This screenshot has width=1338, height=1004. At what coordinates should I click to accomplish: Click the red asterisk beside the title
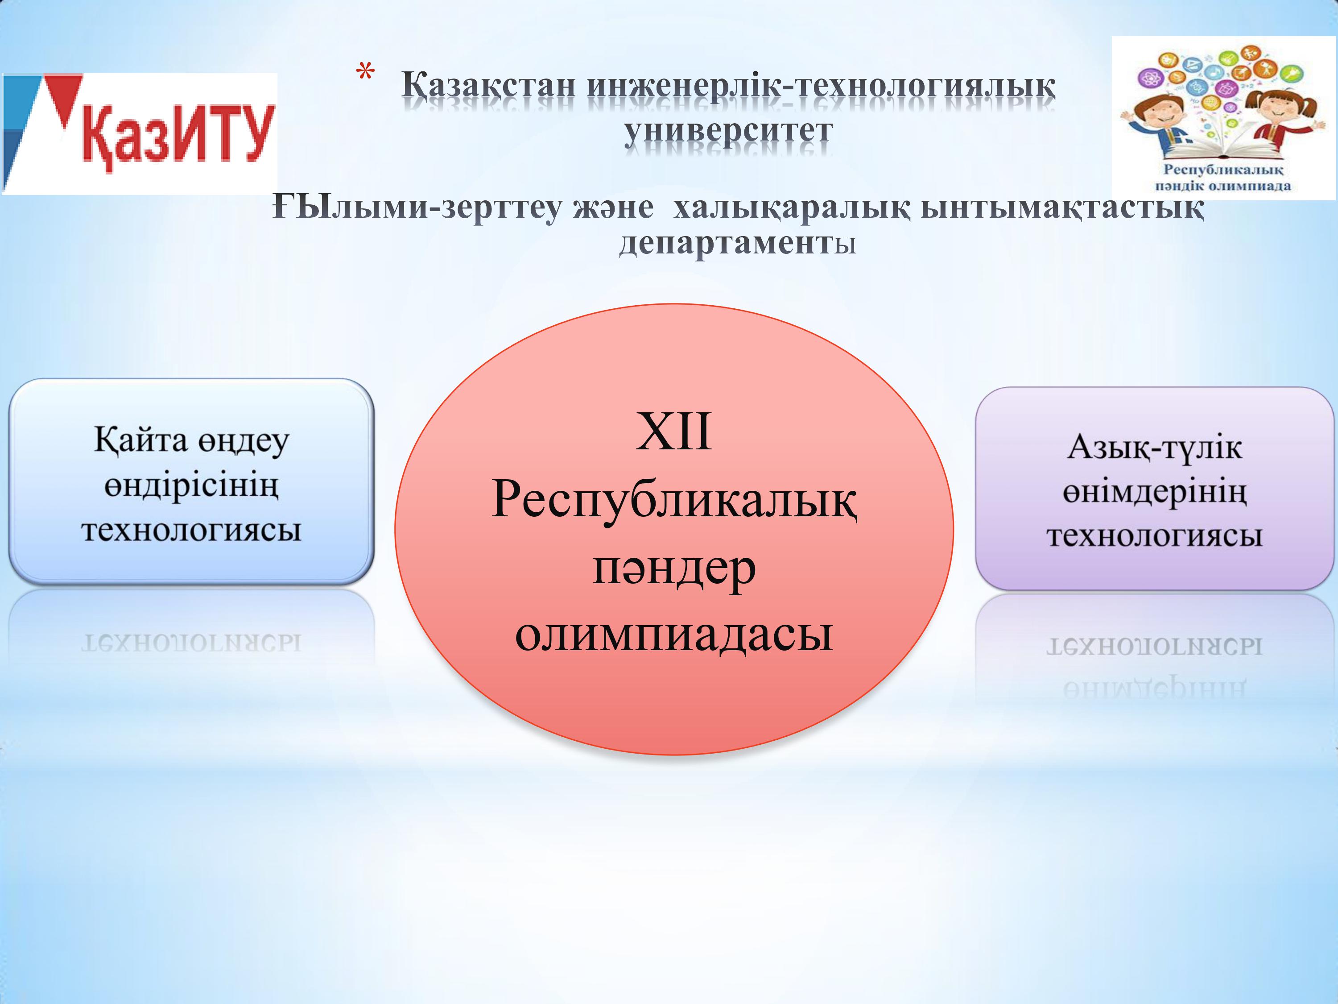pos(365,73)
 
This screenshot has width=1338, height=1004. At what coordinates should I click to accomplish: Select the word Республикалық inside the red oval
pos(674,501)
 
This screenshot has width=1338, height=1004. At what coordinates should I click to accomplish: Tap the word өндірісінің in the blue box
pos(191,486)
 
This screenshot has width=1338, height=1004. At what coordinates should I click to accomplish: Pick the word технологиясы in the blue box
pos(191,530)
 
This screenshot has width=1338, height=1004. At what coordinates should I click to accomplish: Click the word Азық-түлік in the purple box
pos(1154,448)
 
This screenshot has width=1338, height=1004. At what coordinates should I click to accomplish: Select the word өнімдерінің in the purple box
pos(1155,492)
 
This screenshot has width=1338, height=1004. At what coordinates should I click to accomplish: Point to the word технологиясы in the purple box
pos(1155,535)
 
